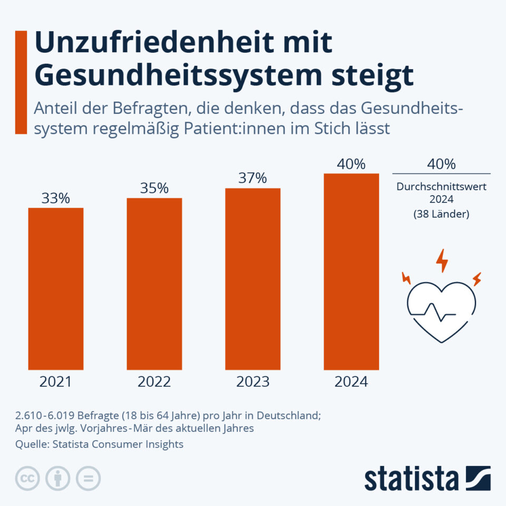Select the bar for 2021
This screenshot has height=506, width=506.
[x=56, y=289]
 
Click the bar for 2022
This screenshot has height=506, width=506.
[x=154, y=284]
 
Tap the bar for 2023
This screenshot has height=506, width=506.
[x=253, y=279]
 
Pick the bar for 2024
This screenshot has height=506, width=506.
[x=351, y=271]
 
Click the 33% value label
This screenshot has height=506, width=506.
[x=56, y=199]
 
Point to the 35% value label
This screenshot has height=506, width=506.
[x=154, y=189]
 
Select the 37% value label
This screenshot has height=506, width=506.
[x=253, y=179]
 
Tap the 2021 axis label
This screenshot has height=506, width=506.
[x=56, y=382]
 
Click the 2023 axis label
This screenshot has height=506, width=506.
[x=253, y=382]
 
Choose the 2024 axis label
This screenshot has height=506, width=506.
[x=351, y=382]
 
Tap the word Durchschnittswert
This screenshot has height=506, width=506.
[x=442, y=187]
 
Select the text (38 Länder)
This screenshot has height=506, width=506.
[x=442, y=215]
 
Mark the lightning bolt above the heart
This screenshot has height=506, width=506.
[x=442, y=260]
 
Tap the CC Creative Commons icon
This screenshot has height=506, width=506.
[x=28, y=479]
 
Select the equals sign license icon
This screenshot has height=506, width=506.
[x=88, y=479]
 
